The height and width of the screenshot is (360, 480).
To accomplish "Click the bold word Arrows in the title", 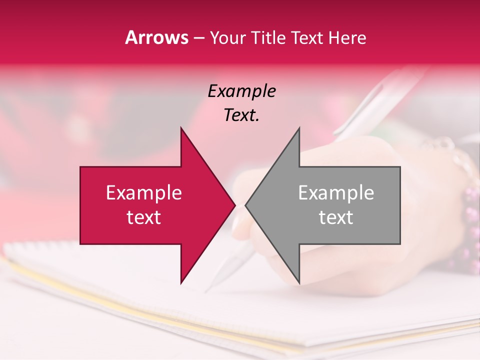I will click(157, 37).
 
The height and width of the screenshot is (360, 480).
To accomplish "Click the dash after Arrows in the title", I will click(198, 38).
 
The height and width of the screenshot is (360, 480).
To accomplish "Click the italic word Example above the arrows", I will click(241, 91).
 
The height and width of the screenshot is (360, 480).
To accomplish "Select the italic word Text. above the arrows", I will click(241, 115).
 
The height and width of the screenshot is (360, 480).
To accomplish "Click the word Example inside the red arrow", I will click(144, 193).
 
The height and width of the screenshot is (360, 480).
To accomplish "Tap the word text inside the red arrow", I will click(144, 217).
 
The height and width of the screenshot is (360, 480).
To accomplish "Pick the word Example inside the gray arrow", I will click(336, 193).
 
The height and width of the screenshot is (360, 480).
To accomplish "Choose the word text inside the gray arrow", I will click(336, 217).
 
